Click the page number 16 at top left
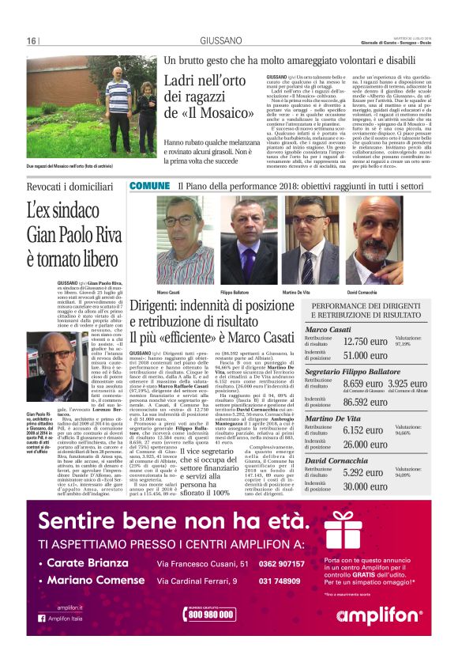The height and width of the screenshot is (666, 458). [32, 42]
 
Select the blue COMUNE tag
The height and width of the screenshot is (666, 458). [149, 185]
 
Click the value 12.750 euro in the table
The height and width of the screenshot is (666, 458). [366, 342]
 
